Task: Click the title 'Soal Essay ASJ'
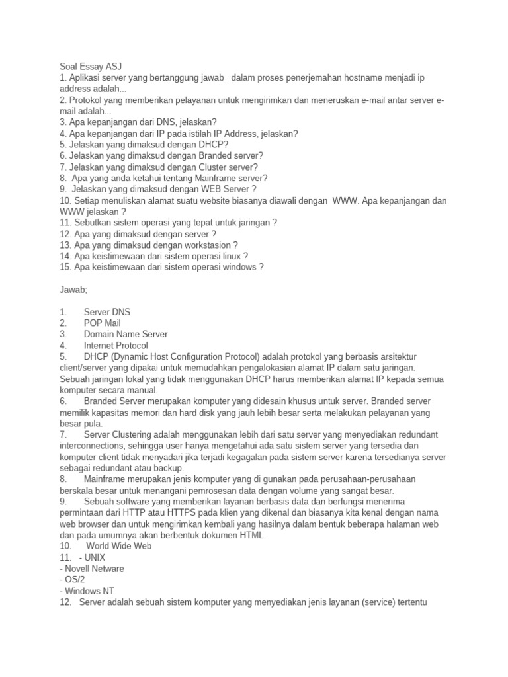point(91,67)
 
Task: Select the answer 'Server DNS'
point(107,311)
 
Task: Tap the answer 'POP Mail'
point(102,323)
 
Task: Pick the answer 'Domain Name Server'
point(126,334)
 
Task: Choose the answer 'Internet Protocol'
point(116,345)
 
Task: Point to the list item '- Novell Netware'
point(92,568)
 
